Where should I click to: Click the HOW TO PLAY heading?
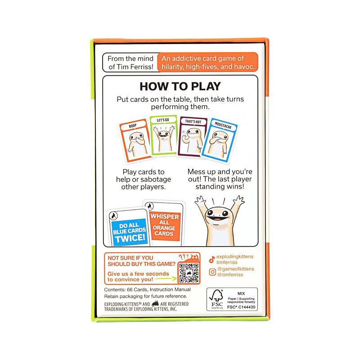pos(180,87)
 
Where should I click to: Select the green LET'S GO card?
pos(163,138)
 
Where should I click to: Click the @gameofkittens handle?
pos(236,269)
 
